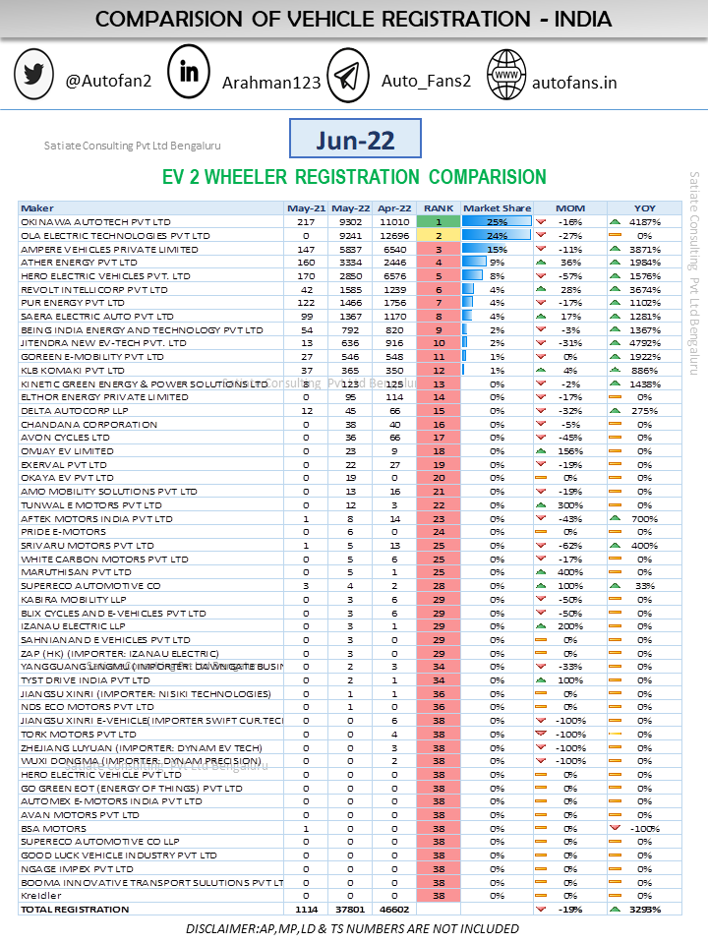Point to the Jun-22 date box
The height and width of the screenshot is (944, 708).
[355, 140]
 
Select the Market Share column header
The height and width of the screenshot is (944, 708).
[497, 208]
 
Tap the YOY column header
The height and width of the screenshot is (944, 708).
[645, 208]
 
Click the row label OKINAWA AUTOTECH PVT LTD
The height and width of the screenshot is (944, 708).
[95, 222]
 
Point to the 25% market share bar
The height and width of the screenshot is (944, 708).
[497, 222]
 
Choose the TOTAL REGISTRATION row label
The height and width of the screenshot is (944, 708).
[75, 910]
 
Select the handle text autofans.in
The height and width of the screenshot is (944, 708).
[574, 82]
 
